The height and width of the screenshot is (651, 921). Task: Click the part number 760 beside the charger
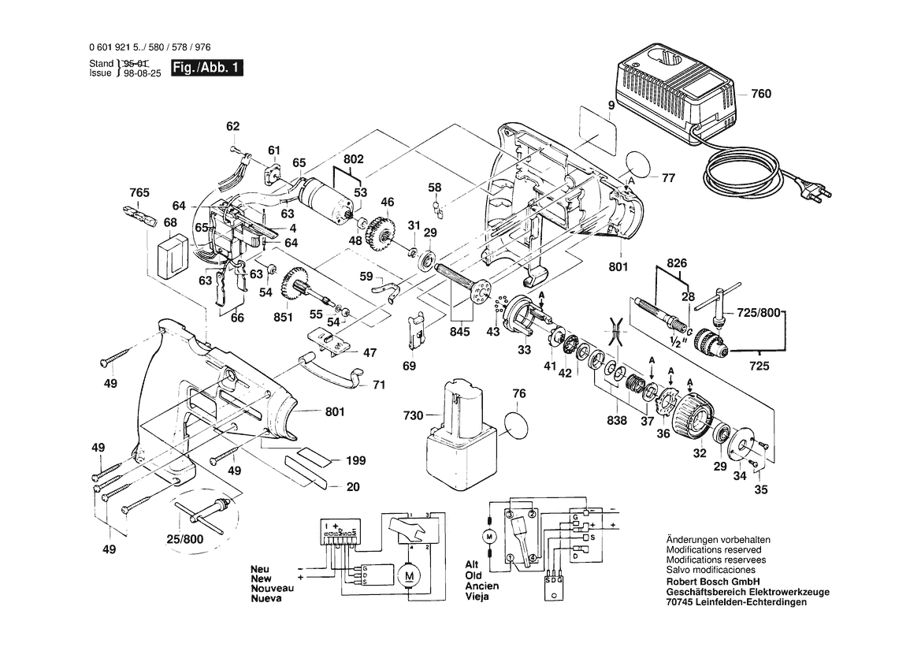[x=761, y=94]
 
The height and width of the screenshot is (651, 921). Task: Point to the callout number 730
[x=414, y=415]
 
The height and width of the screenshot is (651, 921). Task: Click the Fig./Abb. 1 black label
[x=207, y=69]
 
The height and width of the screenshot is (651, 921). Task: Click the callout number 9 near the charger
[x=610, y=105]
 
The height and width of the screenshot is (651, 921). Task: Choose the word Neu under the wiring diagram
[x=261, y=568]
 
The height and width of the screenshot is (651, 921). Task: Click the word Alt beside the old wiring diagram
[x=472, y=565]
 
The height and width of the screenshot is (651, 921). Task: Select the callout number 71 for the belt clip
[x=378, y=385]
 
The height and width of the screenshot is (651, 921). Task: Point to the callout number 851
[x=284, y=318]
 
